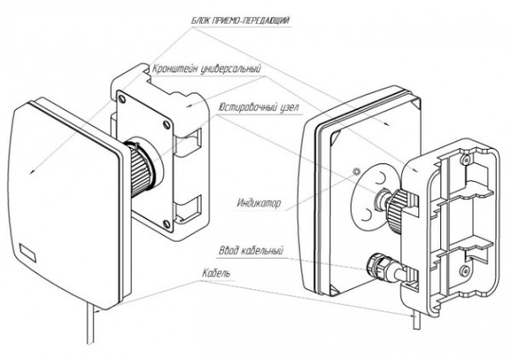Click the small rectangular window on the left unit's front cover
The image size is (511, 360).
point(27,252)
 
